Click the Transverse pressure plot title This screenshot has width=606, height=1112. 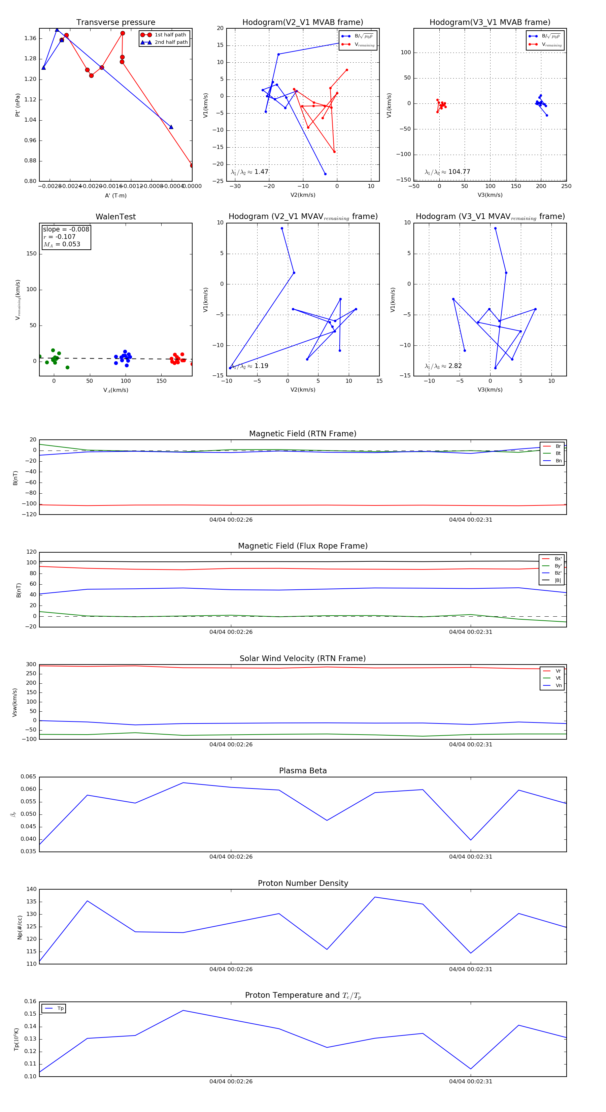(115, 23)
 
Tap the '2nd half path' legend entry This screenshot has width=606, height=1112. (171, 42)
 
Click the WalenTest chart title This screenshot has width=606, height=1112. (115, 217)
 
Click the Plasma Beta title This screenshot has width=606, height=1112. (303, 771)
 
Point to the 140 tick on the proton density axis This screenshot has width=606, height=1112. (32, 889)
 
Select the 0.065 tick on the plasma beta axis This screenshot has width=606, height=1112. (29, 777)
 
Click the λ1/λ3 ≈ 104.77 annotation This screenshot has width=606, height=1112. (447, 172)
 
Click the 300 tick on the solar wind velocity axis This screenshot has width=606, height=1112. (31, 665)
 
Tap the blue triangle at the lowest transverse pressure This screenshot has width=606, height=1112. (171, 127)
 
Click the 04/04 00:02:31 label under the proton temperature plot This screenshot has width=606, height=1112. (471, 1081)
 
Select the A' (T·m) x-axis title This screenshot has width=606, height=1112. (115, 195)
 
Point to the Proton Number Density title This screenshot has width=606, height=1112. (303, 883)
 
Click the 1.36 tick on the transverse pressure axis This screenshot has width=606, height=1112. (30, 38)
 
